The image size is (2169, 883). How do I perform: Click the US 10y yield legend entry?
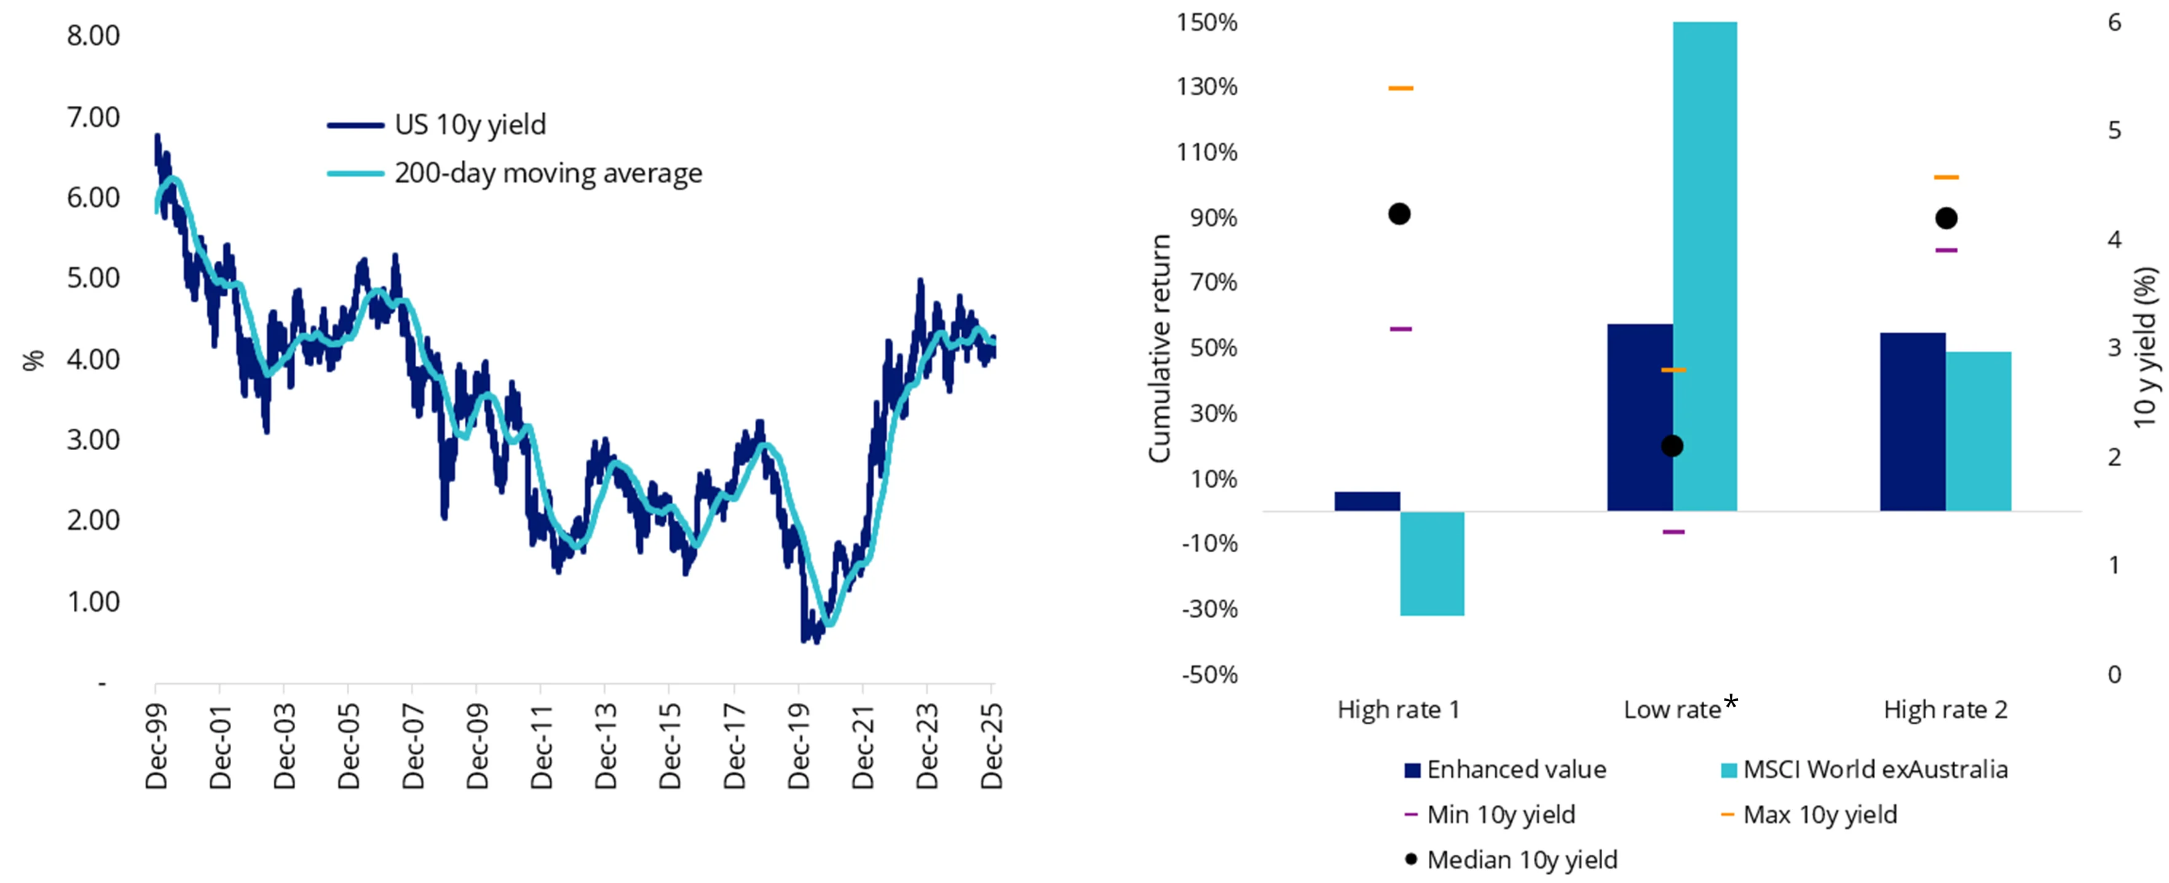click(x=469, y=125)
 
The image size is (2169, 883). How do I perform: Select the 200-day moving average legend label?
click(x=547, y=173)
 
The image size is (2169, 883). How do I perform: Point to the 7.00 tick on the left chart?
click(x=93, y=117)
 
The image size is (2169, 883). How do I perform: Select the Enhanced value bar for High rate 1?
click(x=1367, y=501)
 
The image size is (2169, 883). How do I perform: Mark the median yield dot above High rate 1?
click(x=1399, y=214)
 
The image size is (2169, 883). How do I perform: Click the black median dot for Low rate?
click(x=1672, y=445)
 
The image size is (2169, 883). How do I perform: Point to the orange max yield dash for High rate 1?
click(x=1401, y=87)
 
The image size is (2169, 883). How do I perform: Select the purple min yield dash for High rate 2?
click(x=1946, y=250)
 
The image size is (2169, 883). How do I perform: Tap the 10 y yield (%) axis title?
click(x=2146, y=347)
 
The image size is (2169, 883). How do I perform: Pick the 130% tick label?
click(x=1207, y=87)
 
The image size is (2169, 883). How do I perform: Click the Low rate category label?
click(x=1672, y=710)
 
